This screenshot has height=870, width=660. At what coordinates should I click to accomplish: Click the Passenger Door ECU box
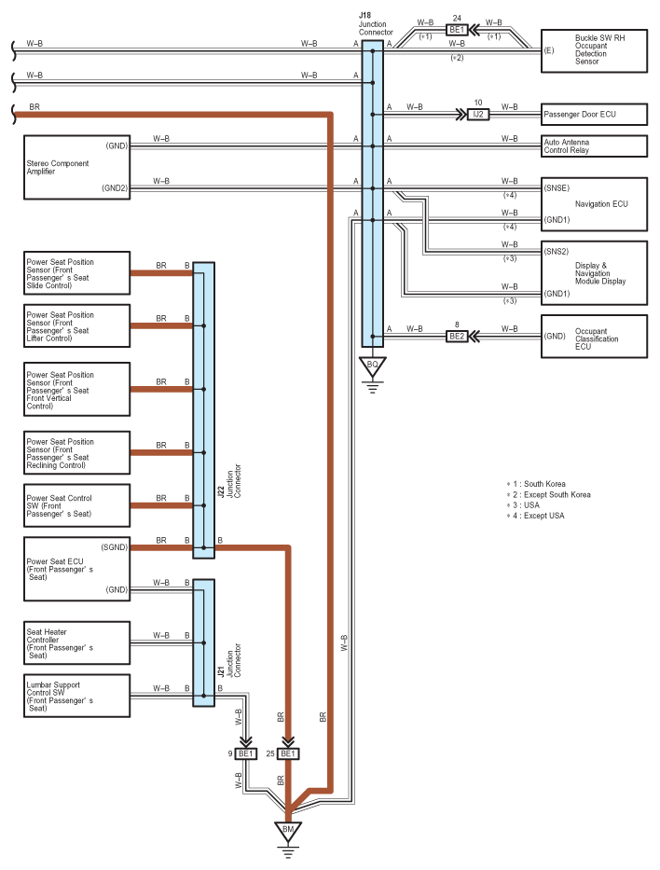pyautogui.click(x=594, y=116)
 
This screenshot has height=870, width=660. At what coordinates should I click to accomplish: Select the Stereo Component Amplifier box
pyautogui.click(x=77, y=167)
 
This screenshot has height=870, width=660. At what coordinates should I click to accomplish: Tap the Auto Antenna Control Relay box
pyautogui.click(x=594, y=146)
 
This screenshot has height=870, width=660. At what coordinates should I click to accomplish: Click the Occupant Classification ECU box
pyautogui.click(x=594, y=336)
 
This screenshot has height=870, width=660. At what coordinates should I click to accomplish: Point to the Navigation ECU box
pyautogui.click(x=594, y=203)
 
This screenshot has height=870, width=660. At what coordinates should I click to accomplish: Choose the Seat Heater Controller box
pyautogui.click(x=77, y=641)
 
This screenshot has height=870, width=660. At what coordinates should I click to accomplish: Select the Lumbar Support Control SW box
pyautogui.click(x=77, y=697)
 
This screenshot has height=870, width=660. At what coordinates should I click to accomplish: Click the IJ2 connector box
pyautogui.click(x=478, y=116)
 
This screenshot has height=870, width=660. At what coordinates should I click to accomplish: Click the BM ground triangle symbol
pyautogui.click(x=288, y=830)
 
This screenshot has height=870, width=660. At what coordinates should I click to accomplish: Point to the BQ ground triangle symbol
pyautogui.click(x=372, y=365)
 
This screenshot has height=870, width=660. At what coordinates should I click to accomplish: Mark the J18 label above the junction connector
pyautogui.click(x=364, y=16)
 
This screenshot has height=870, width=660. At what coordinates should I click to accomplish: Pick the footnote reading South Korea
pyautogui.click(x=540, y=484)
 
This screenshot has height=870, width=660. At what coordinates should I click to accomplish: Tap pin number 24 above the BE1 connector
pyautogui.click(x=457, y=17)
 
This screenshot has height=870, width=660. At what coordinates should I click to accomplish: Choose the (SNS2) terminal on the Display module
pyautogui.click(x=557, y=252)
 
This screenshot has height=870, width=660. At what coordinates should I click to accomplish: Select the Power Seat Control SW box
pyautogui.click(x=77, y=505)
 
